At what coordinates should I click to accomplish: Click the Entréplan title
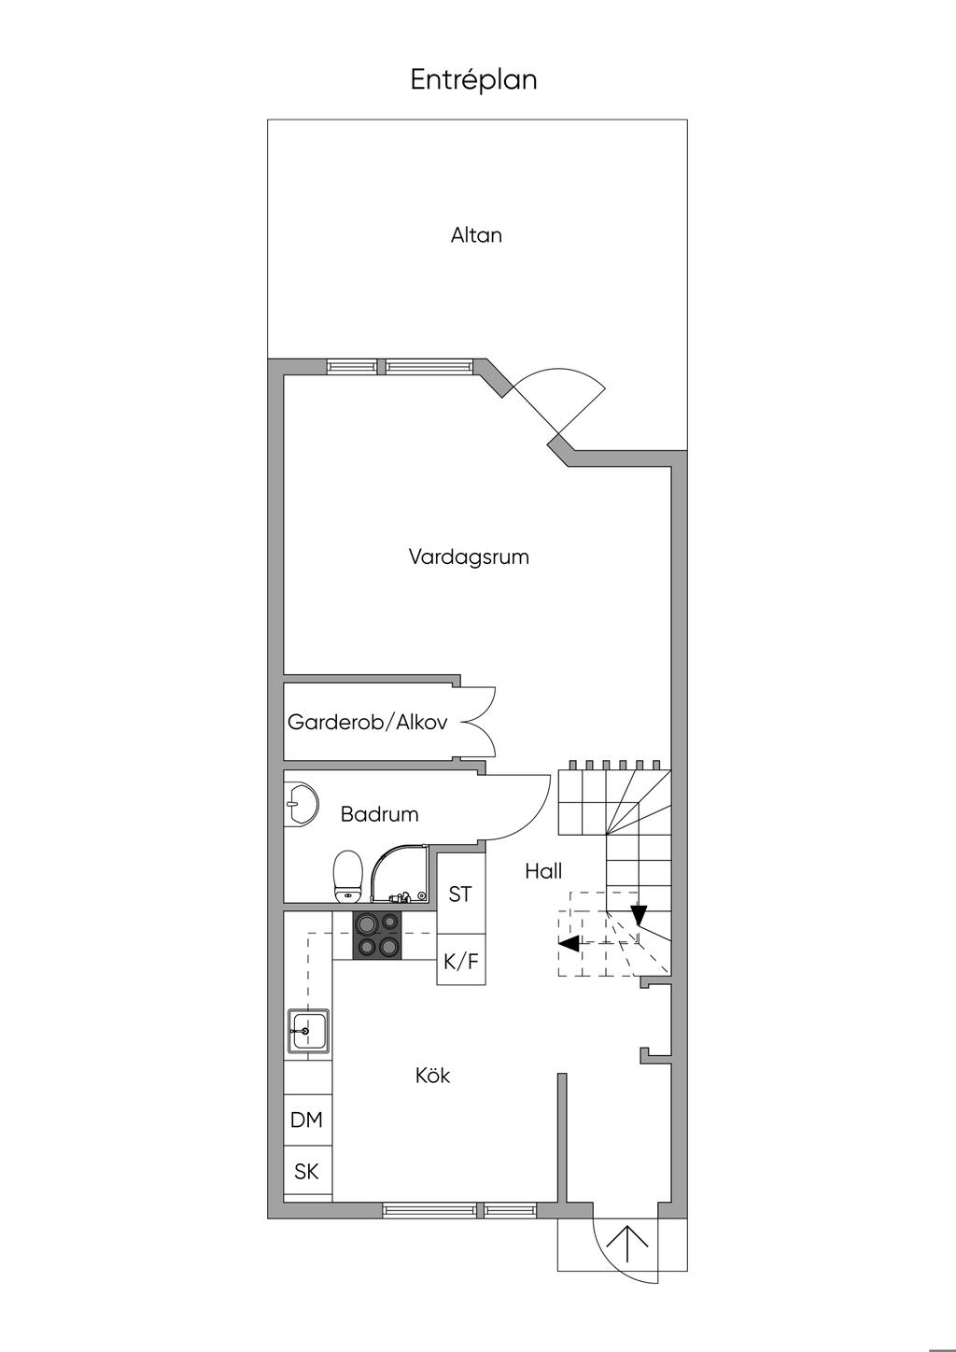click(473, 79)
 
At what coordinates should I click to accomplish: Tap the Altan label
click(476, 234)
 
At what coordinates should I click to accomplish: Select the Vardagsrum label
click(469, 557)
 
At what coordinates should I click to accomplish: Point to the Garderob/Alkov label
click(368, 722)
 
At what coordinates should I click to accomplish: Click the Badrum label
click(380, 814)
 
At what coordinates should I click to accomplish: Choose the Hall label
click(543, 871)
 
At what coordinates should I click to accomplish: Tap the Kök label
click(433, 1076)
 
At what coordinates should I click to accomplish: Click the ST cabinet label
click(460, 894)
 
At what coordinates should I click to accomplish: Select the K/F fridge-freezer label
click(461, 961)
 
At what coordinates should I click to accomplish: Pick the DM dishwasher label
click(306, 1120)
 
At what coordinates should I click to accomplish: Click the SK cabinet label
click(306, 1172)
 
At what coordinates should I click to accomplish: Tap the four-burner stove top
click(376, 935)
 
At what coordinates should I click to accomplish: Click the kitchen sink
click(308, 1030)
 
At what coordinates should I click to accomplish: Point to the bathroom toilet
click(347, 877)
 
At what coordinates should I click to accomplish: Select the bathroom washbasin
click(301, 802)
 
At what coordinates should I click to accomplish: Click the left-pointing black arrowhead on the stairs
click(569, 943)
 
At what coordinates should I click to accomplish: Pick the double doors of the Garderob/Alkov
click(477, 722)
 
